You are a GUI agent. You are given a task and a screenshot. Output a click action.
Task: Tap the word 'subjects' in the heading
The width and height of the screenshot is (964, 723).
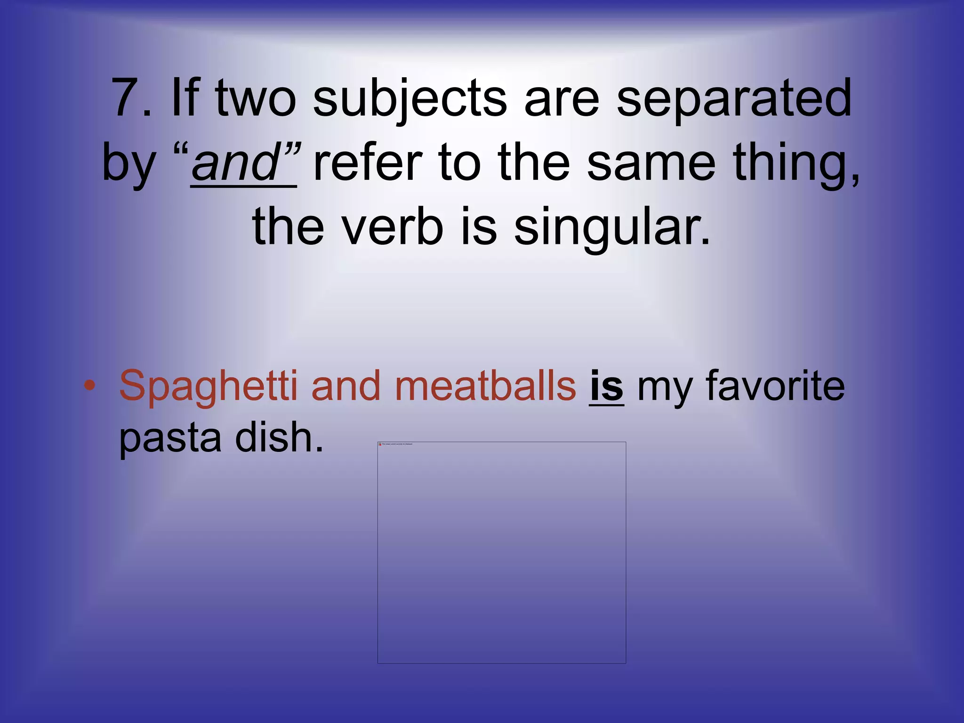click(x=410, y=99)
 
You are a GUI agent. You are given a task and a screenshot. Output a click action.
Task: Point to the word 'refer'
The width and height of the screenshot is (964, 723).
click(x=368, y=163)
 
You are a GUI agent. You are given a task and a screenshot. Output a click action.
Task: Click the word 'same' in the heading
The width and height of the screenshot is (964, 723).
click(x=651, y=163)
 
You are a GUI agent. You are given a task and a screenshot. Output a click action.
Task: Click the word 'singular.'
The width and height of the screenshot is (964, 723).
click(x=612, y=227)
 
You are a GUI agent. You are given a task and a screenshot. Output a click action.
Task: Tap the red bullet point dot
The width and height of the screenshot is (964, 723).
click(x=89, y=386)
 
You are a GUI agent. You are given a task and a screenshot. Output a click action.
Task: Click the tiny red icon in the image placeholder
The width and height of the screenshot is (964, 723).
click(x=380, y=444)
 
